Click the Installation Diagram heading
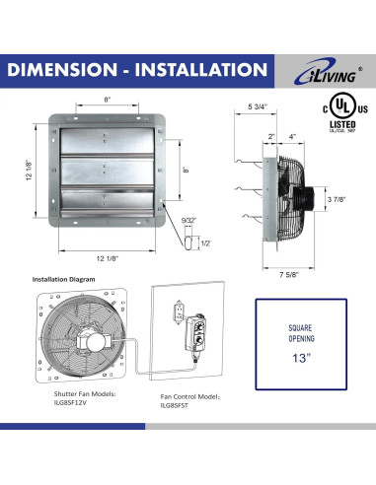(64, 279)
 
